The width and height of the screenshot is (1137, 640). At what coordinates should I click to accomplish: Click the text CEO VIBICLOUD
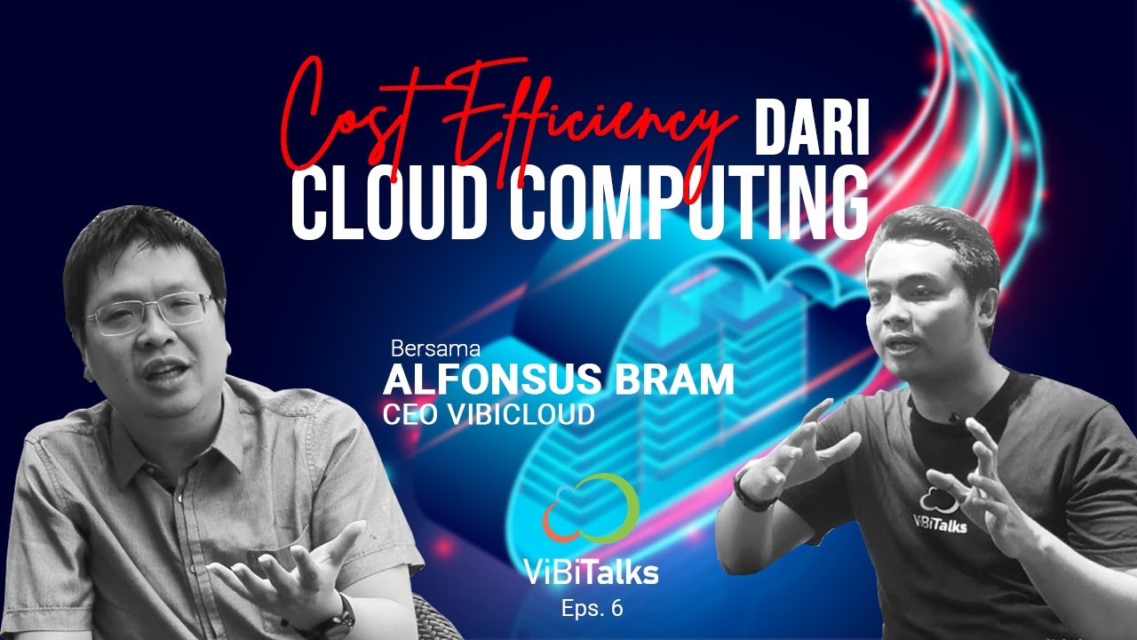(488, 414)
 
